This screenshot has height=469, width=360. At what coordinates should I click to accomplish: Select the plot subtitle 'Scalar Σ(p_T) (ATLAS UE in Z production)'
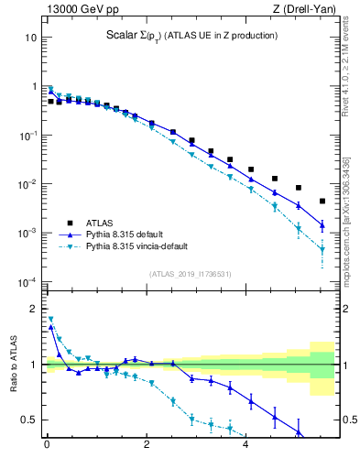point(191,36)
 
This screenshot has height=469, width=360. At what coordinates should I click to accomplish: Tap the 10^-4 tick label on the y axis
point(27,281)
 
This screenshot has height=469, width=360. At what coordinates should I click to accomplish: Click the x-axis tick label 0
point(47,450)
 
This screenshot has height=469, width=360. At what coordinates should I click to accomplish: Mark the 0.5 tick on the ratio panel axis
point(30,420)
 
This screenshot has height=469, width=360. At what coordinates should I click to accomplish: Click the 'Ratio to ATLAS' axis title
point(11,364)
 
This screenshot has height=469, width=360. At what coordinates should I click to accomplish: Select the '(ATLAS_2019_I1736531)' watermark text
point(191,274)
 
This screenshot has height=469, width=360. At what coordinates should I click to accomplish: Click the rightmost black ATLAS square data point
point(322,201)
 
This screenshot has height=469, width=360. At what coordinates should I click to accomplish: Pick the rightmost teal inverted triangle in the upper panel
point(322,249)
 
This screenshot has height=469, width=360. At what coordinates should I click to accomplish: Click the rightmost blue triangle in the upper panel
point(322,224)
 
